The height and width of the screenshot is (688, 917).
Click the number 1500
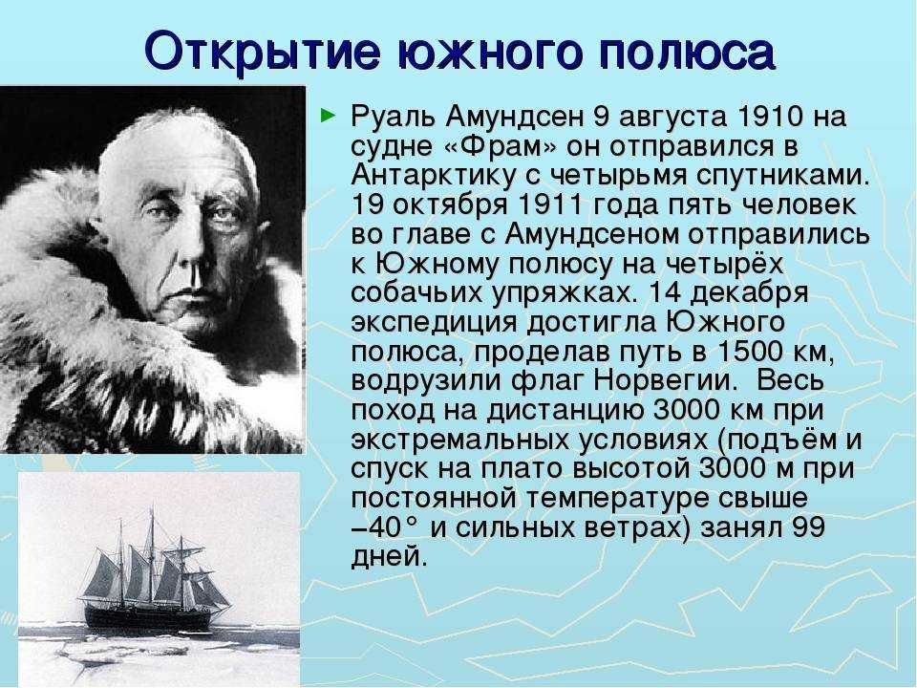(x=749, y=352)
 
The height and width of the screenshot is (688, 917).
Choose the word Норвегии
(x=663, y=381)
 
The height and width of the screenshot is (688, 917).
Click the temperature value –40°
(x=386, y=528)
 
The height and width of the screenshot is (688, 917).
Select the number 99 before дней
(x=808, y=527)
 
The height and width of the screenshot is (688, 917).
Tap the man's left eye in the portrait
(x=225, y=214)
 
